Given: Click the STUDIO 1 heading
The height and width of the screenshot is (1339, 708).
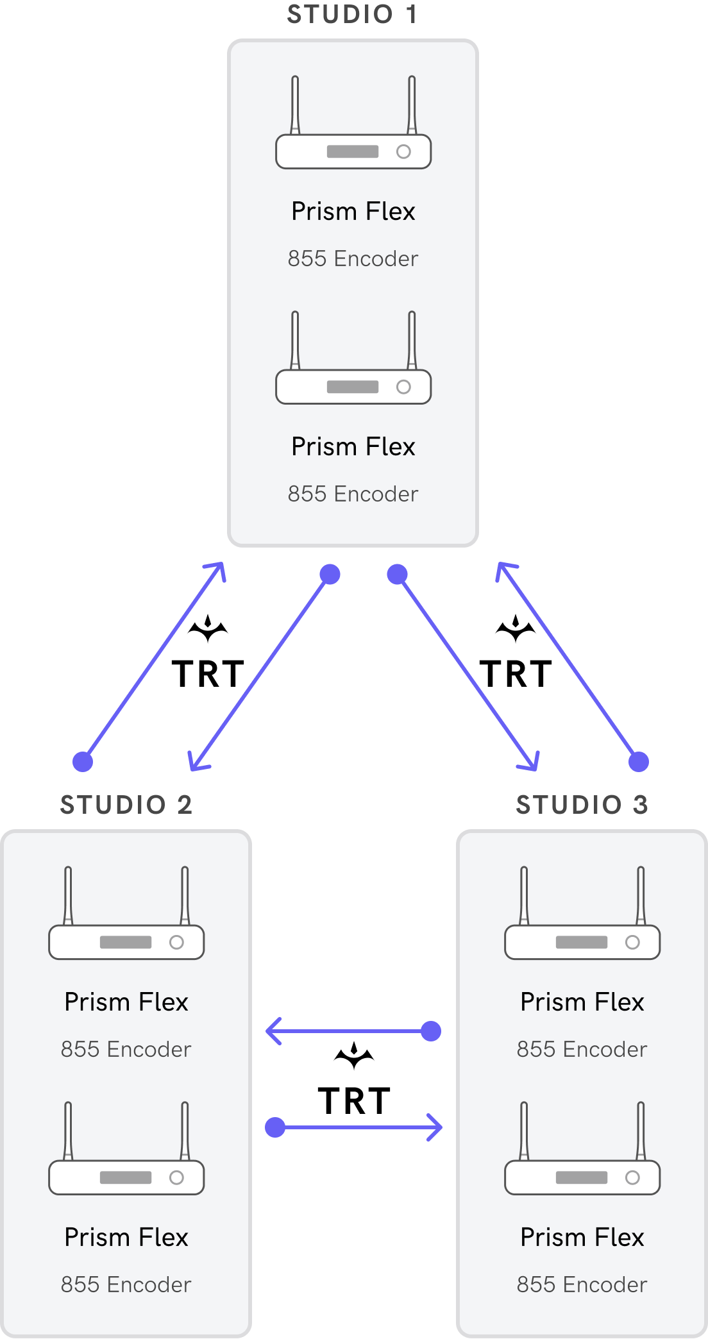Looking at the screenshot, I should [x=352, y=14].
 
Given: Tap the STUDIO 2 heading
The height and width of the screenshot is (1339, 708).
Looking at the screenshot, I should [x=126, y=805].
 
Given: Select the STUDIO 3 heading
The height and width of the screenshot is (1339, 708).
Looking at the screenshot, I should [x=582, y=805].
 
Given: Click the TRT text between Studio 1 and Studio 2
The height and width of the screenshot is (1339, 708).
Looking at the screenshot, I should [x=208, y=675].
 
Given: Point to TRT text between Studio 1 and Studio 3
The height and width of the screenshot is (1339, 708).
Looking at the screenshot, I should [x=516, y=675].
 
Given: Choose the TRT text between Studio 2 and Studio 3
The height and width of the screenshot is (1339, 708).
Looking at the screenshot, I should [x=354, y=1102].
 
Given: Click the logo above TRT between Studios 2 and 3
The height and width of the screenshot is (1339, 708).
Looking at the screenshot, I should [x=354, y=1056].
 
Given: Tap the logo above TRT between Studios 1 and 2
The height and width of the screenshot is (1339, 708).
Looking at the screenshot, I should [x=208, y=628].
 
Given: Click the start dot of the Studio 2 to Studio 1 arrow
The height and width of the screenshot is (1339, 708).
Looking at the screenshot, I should [x=83, y=762].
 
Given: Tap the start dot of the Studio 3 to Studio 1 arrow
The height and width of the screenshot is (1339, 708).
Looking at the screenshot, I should [x=639, y=762].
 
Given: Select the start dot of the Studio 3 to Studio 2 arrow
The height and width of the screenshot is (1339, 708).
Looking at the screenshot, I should [x=431, y=1031].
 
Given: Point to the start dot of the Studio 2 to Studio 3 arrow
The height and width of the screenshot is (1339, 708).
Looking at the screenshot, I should [x=275, y=1127].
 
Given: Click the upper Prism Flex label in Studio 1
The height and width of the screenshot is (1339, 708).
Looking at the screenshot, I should [x=353, y=212].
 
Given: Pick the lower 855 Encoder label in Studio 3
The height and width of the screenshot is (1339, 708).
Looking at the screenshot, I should [x=582, y=1284].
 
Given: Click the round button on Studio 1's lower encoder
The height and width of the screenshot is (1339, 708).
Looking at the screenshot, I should [x=403, y=387].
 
